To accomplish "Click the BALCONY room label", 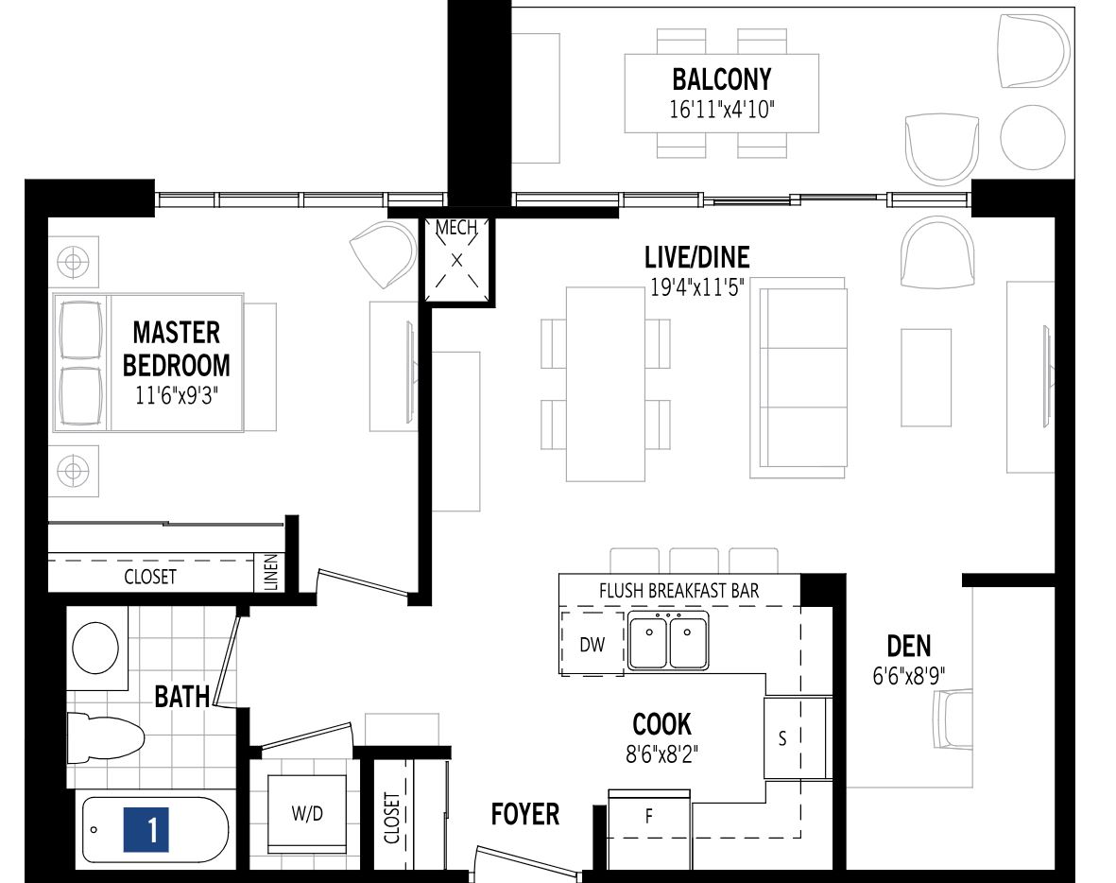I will click(721, 78).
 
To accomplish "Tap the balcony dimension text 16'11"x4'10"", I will click(721, 109).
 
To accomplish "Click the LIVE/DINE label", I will click(696, 257).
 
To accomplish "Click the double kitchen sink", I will click(669, 641).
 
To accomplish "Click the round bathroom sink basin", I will click(94, 648).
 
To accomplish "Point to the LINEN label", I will click(272, 573).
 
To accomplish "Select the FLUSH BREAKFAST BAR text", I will click(678, 591).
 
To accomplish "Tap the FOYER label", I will click(524, 814).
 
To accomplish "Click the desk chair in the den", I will click(953, 719).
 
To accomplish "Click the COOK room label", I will click(661, 725).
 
